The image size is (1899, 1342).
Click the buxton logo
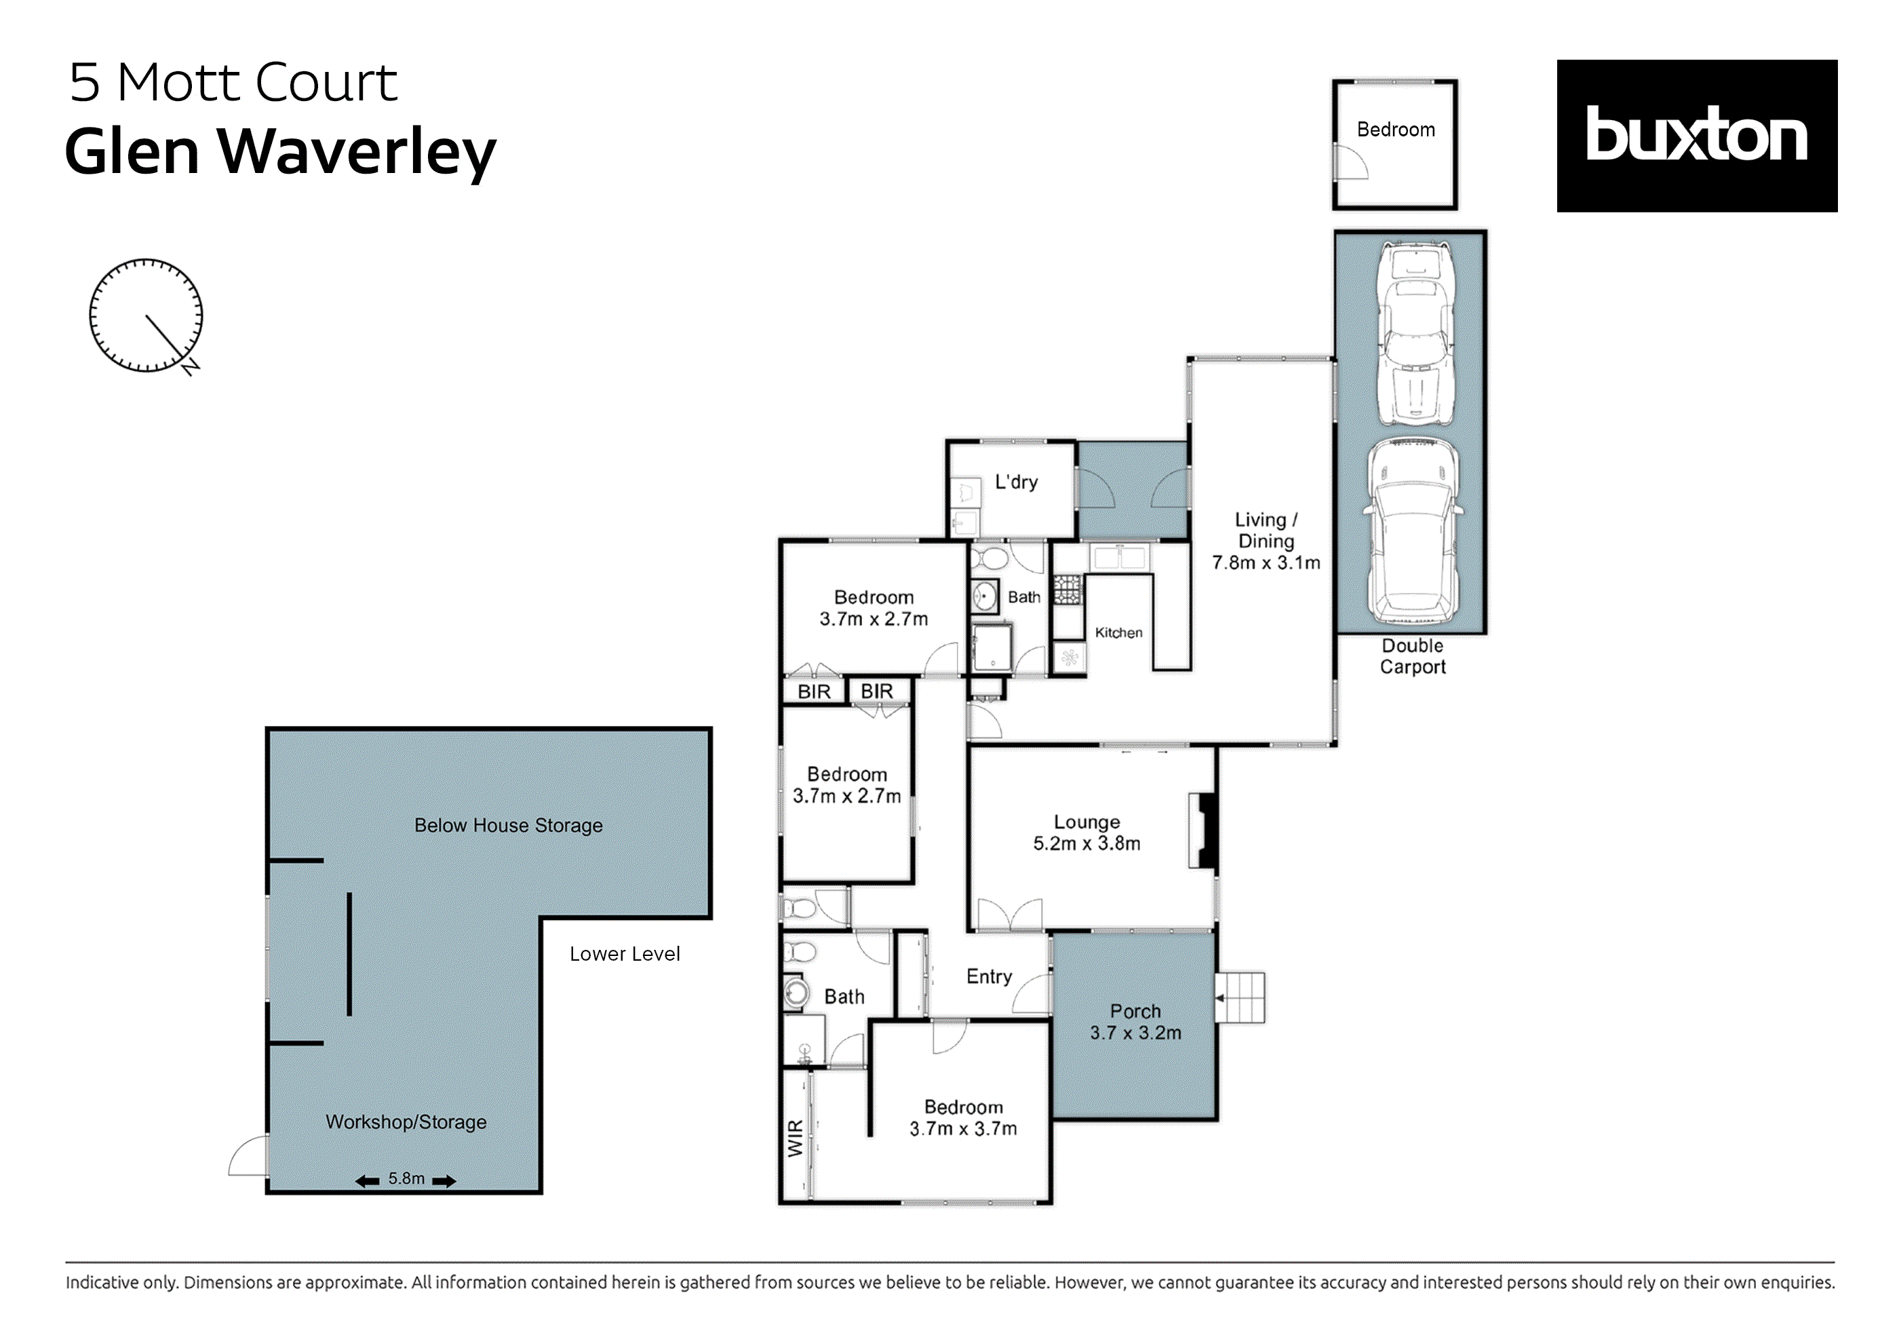pos(1696,136)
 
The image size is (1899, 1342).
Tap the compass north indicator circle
pos(146,315)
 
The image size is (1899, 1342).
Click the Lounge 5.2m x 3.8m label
pos(1086,832)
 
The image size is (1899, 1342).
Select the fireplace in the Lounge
pos(1203,830)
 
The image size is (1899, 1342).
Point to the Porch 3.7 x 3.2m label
pos(1135,1022)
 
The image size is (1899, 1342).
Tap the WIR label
pos(795,1138)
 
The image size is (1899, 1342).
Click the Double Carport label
pos(1412,656)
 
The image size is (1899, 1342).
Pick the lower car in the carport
pos(1412,531)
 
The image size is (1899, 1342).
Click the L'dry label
pos(1016,482)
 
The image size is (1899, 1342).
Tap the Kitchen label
pos(1118,632)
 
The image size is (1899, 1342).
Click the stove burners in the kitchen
pos(1067,589)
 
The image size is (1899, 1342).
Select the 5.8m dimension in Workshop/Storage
pos(406,1178)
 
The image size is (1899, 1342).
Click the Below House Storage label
pos(508,825)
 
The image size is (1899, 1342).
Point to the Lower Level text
pos(625,954)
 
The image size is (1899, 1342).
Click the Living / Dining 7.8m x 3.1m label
pos(1266,541)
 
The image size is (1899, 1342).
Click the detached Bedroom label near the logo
pos(1395,130)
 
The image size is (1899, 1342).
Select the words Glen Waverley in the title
pos(280,151)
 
